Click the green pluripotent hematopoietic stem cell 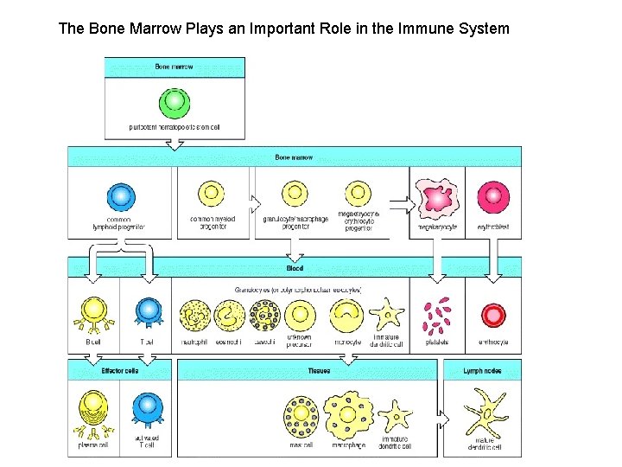[x=175, y=103]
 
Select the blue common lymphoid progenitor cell [x=121, y=197]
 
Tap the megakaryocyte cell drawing [x=437, y=198]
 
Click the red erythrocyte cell [x=493, y=316]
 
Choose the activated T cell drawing [x=148, y=412]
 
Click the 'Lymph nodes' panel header [x=483, y=371]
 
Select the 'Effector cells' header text [x=120, y=371]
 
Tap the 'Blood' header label [x=295, y=270]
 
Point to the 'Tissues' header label [x=320, y=371]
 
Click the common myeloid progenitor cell [x=212, y=195]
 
